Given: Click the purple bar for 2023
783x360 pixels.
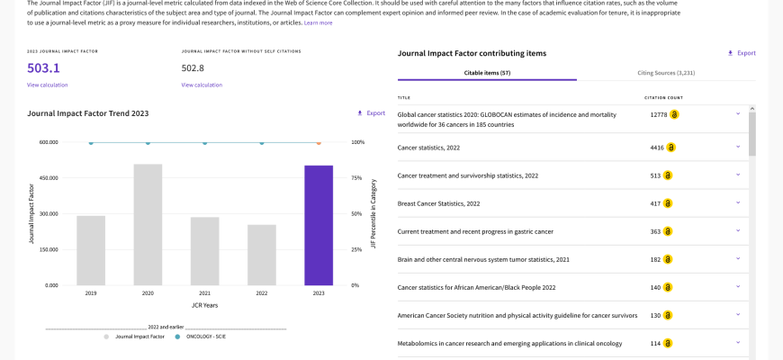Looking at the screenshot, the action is coord(319,225).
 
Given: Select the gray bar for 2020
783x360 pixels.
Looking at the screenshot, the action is coord(148,225).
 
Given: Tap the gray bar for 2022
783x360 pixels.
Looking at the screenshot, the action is coord(262,255).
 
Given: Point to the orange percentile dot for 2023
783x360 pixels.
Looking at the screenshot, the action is coord(319,143).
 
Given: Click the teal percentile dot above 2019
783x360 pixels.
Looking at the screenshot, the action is coord(91,143).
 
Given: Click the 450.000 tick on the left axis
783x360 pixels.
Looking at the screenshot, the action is coord(49,178).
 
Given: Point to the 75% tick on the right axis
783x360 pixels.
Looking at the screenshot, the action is coord(358,178).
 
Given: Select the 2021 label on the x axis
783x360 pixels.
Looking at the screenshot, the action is coord(204,293).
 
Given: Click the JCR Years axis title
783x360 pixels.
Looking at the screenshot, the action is coord(204,305).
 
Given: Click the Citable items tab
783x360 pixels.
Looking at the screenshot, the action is coord(488,73).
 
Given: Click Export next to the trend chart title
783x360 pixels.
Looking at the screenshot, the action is coord(371,113).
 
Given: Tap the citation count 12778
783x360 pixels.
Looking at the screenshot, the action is coord(659,115).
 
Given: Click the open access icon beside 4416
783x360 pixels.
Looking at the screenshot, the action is coord(671,148).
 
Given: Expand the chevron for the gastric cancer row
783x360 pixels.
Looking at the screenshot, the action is coord(738,230).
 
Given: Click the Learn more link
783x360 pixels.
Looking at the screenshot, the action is coord(318,23).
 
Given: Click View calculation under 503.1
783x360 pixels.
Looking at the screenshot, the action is coord(48,85).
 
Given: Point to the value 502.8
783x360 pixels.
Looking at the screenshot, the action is coord(193,67).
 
